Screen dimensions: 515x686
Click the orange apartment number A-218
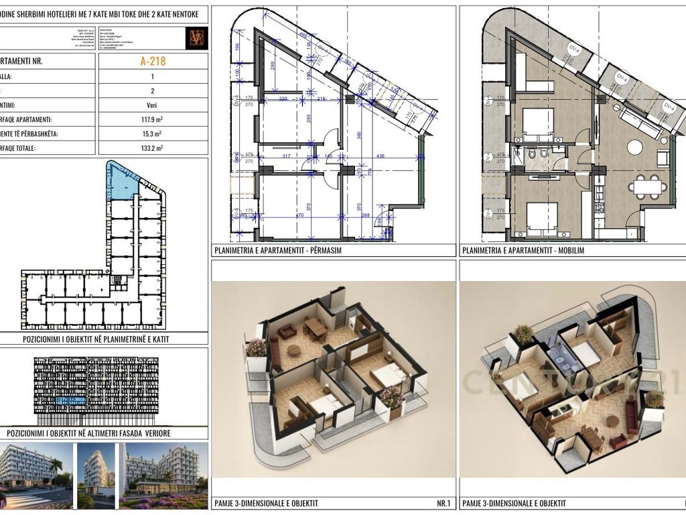coord(153,61)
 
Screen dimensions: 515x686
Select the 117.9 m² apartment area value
coord(153,119)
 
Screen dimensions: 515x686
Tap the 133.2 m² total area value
coord(153,148)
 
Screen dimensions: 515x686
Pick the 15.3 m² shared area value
coord(153,134)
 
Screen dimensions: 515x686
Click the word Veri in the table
coord(153,105)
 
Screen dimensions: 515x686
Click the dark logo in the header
coord(197,38)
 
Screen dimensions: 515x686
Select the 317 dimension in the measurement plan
coord(287,156)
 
